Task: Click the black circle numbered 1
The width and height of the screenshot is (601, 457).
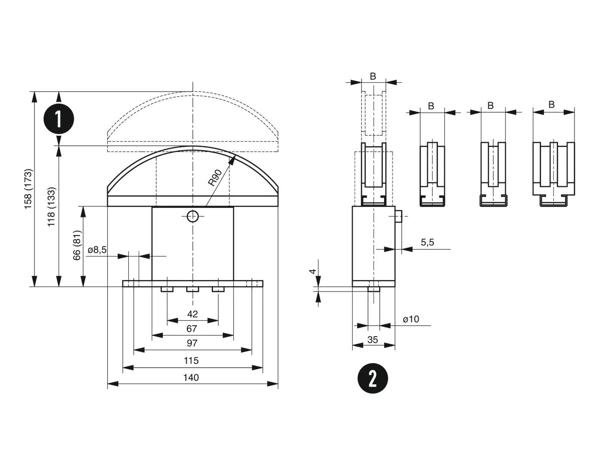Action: [x=59, y=119]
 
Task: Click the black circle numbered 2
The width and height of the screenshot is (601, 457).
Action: [x=373, y=378]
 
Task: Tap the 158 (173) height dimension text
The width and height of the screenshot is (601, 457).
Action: [x=29, y=189]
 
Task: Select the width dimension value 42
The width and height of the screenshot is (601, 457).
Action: [x=192, y=314]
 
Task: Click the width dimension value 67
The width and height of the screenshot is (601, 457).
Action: [x=192, y=329]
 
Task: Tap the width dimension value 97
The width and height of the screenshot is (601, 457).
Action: [x=192, y=343]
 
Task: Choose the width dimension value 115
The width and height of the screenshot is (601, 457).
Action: [x=192, y=360]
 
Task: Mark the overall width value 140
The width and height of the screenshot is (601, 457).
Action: [x=192, y=377]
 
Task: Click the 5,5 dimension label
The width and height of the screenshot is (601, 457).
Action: [x=427, y=243]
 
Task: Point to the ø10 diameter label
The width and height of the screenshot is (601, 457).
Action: [x=411, y=319]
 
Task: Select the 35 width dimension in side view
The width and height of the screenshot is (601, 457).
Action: [x=373, y=339]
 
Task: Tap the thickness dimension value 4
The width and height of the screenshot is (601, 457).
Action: [x=313, y=272]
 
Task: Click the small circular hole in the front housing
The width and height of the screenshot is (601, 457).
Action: [x=192, y=216]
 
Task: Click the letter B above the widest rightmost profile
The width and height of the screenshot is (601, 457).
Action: [x=551, y=105]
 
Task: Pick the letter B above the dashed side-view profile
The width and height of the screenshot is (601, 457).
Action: [x=373, y=76]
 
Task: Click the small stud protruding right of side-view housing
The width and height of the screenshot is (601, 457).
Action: [x=398, y=216]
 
